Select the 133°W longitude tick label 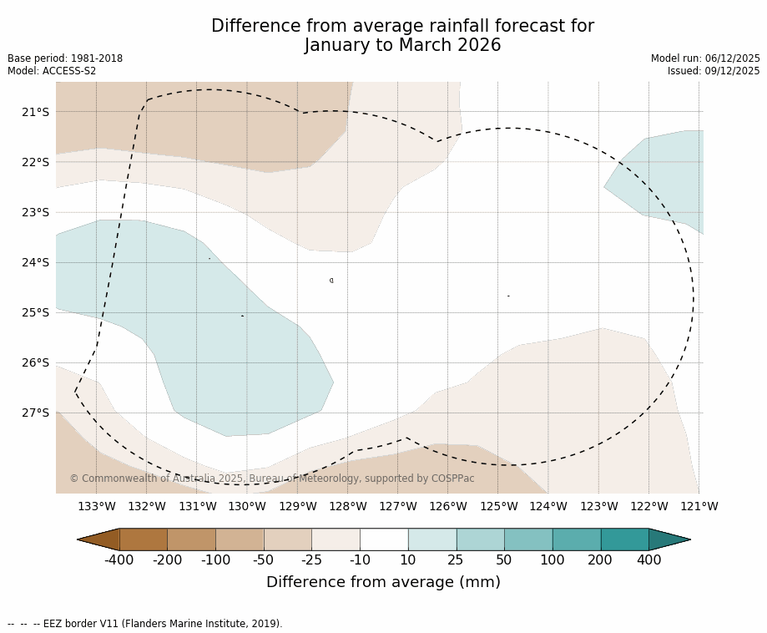[x=97, y=506]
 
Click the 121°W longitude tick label [x=699, y=506]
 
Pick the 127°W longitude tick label [x=398, y=506]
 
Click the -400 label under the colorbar [x=119, y=560]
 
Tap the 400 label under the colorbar [x=648, y=560]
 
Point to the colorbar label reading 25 [x=456, y=560]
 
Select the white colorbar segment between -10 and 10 [x=384, y=539]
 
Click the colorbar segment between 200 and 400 [x=624, y=539]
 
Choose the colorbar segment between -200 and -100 [x=191, y=539]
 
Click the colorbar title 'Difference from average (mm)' [x=383, y=583]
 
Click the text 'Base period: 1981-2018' [x=65, y=58]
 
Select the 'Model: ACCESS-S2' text [x=52, y=71]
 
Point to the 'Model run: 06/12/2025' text [x=705, y=58]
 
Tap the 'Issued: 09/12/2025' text [x=714, y=71]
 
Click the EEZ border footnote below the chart [x=145, y=624]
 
